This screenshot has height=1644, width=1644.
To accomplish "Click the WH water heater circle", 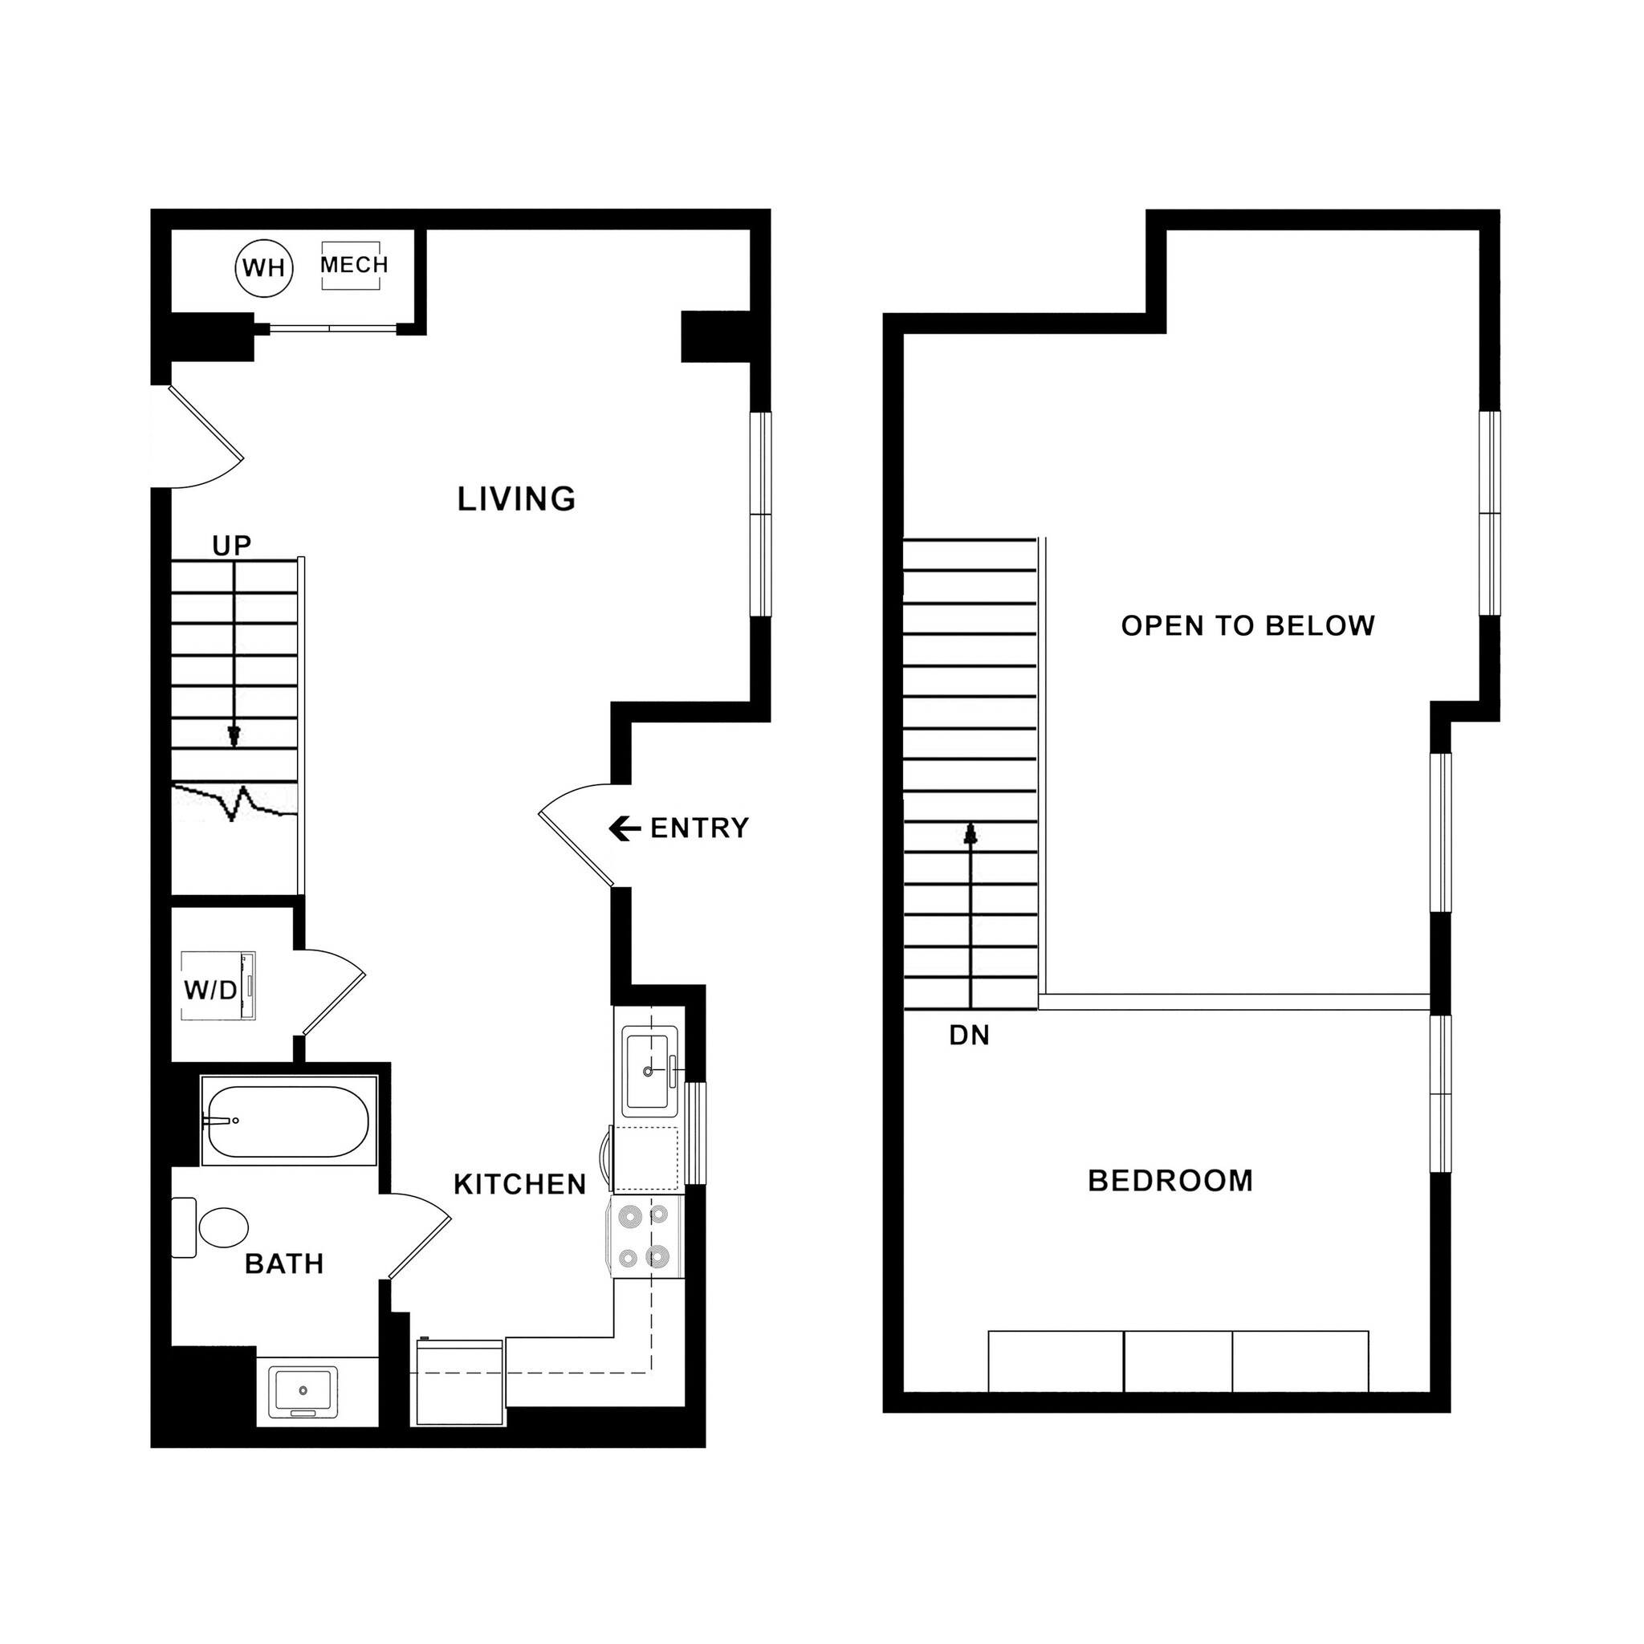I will pyautogui.click(x=264, y=268).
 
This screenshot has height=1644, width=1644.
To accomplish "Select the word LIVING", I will pyautogui.click(x=516, y=498).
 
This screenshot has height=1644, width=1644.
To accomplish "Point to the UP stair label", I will pyautogui.click(x=231, y=544).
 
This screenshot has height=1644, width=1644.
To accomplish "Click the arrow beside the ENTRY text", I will pyautogui.click(x=625, y=828).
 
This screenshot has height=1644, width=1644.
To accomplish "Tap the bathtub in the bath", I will pyautogui.click(x=287, y=1121).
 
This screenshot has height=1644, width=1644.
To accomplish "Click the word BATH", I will pyautogui.click(x=284, y=1264).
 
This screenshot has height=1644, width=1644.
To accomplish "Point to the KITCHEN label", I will pyautogui.click(x=520, y=1184).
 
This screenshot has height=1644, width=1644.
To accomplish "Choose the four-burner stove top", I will pyautogui.click(x=646, y=1235).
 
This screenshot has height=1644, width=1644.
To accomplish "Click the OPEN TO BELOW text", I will pyautogui.click(x=1247, y=625).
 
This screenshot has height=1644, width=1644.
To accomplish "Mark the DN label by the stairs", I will pyautogui.click(x=969, y=1035).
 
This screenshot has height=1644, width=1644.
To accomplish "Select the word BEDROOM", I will pyautogui.click(x=1170, y=1180).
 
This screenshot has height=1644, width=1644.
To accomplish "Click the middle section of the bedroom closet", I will pyautogui.click(x=1178, y=1362).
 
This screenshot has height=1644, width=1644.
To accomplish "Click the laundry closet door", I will pyautogui.click(x=335, y=1003).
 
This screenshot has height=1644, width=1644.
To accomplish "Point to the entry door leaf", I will pyautogui.click(x=576, y=849).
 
